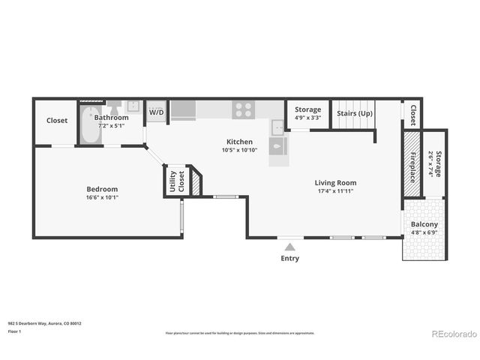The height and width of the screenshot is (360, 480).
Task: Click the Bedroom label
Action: [102, 189]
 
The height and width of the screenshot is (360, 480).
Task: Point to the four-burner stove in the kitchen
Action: [243, 109]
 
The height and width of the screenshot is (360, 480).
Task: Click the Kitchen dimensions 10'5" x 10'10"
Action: [240, 150]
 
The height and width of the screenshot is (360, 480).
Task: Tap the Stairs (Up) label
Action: [355, 113]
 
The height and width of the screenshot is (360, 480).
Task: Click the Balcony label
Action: [424, 225]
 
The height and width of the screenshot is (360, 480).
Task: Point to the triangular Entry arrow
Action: [289, 244]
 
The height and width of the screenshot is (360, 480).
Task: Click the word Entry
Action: [289, 259]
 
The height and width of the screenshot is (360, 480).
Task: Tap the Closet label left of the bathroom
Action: [57, 121]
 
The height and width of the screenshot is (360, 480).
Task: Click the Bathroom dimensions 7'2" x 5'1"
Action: [111, 125]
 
